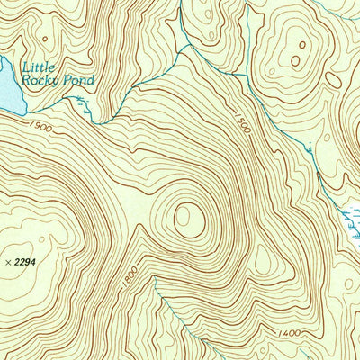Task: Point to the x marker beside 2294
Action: (x=8, y=261)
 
